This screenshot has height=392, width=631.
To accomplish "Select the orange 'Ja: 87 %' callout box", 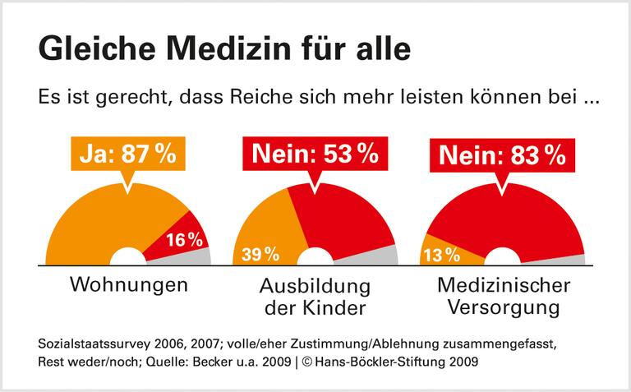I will coord(127,154).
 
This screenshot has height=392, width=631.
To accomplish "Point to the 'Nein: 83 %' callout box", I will coord(501,154).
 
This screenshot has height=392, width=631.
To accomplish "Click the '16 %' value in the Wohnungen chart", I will coord(184,240).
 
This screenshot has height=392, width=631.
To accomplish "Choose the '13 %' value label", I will coord(442,255).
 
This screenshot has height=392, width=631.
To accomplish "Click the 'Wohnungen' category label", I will coord(129,287).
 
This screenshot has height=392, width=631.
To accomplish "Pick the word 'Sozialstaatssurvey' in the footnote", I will coord(89,343).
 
